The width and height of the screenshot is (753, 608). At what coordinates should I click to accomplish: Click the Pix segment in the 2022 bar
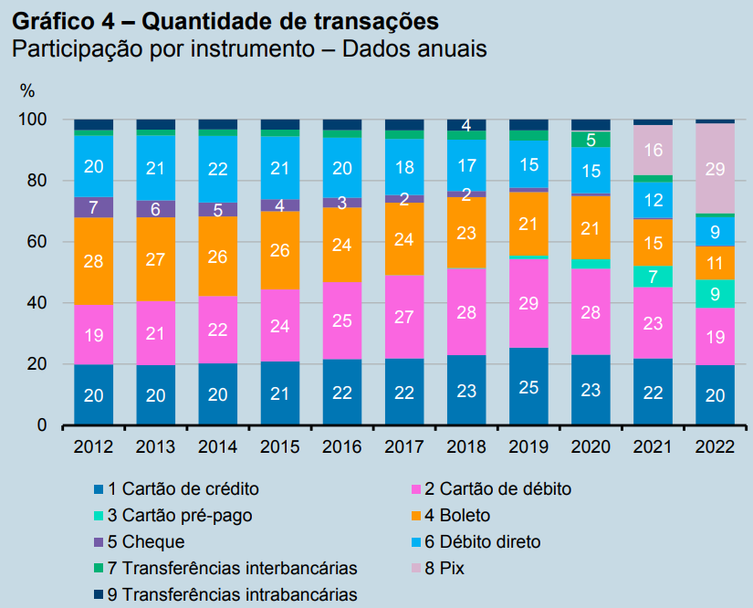click(x=715, y=168)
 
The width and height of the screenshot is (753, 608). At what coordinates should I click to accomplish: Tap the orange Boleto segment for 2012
click(x=93, y=261)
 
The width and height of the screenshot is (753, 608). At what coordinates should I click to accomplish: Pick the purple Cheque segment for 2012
click(x=93, y=207)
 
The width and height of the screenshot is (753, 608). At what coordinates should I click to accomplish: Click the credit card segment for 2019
click(x=528, y=386)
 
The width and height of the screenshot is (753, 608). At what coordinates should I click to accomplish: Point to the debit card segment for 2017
click(x=404, y=317)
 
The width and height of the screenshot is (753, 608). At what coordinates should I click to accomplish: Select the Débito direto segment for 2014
click(x=217, y=169)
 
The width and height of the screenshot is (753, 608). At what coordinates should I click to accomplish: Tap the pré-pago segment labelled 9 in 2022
click(x=715, y=294)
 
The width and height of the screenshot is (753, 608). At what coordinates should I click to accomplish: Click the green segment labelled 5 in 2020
click(x=591, y=140)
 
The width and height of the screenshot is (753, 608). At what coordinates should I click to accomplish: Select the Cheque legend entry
click(x=146, y=541)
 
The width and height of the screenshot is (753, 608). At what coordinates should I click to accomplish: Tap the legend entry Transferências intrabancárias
click(x=232, y=594)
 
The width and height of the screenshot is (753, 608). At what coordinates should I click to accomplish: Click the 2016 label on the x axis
click(x=342, y=447)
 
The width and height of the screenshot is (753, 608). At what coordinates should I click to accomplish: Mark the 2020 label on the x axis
click(x=591, y=447)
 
